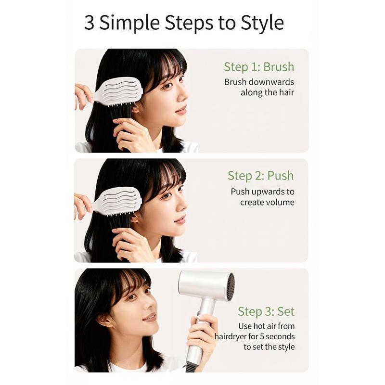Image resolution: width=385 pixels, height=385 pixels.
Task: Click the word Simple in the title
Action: [x=129, y=23]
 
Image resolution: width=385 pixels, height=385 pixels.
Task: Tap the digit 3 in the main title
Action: [x=89, y=23]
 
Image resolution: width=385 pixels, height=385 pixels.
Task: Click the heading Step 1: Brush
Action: [x=259, y=67]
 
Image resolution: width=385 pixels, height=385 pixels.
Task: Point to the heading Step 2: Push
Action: [x=261, y=176]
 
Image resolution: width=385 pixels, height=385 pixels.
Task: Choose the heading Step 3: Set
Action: [x=266, y=311]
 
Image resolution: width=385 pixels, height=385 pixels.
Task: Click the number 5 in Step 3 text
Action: [x=262, y=336]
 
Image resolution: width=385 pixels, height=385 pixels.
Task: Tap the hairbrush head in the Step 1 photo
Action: [x=120, y=91]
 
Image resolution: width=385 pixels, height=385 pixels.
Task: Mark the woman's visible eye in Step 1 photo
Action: [x=167, y=86]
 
